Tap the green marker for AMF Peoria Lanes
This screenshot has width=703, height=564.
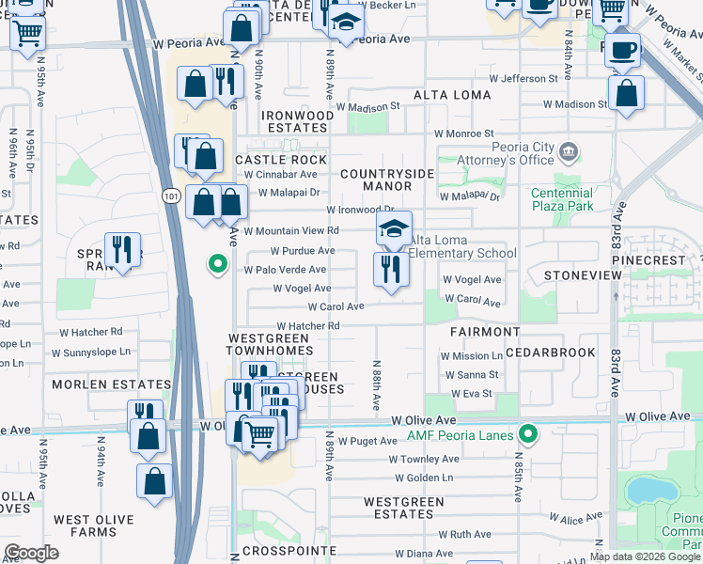[x=529, y=434]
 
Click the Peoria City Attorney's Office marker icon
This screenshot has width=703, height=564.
[x=568, y=151]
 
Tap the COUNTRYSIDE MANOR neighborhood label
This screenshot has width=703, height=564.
[x=387, y=180]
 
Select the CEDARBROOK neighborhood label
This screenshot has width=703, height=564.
[x=550, y=352]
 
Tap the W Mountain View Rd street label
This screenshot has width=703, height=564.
[x=290, y=230]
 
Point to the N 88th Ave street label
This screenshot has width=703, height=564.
[x=375, y=385]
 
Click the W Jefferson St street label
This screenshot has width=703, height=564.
[x=523, y=79]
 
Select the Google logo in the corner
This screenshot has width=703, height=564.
[x=31, y=553]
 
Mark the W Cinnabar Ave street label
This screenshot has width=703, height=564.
[x=280, y=175]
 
